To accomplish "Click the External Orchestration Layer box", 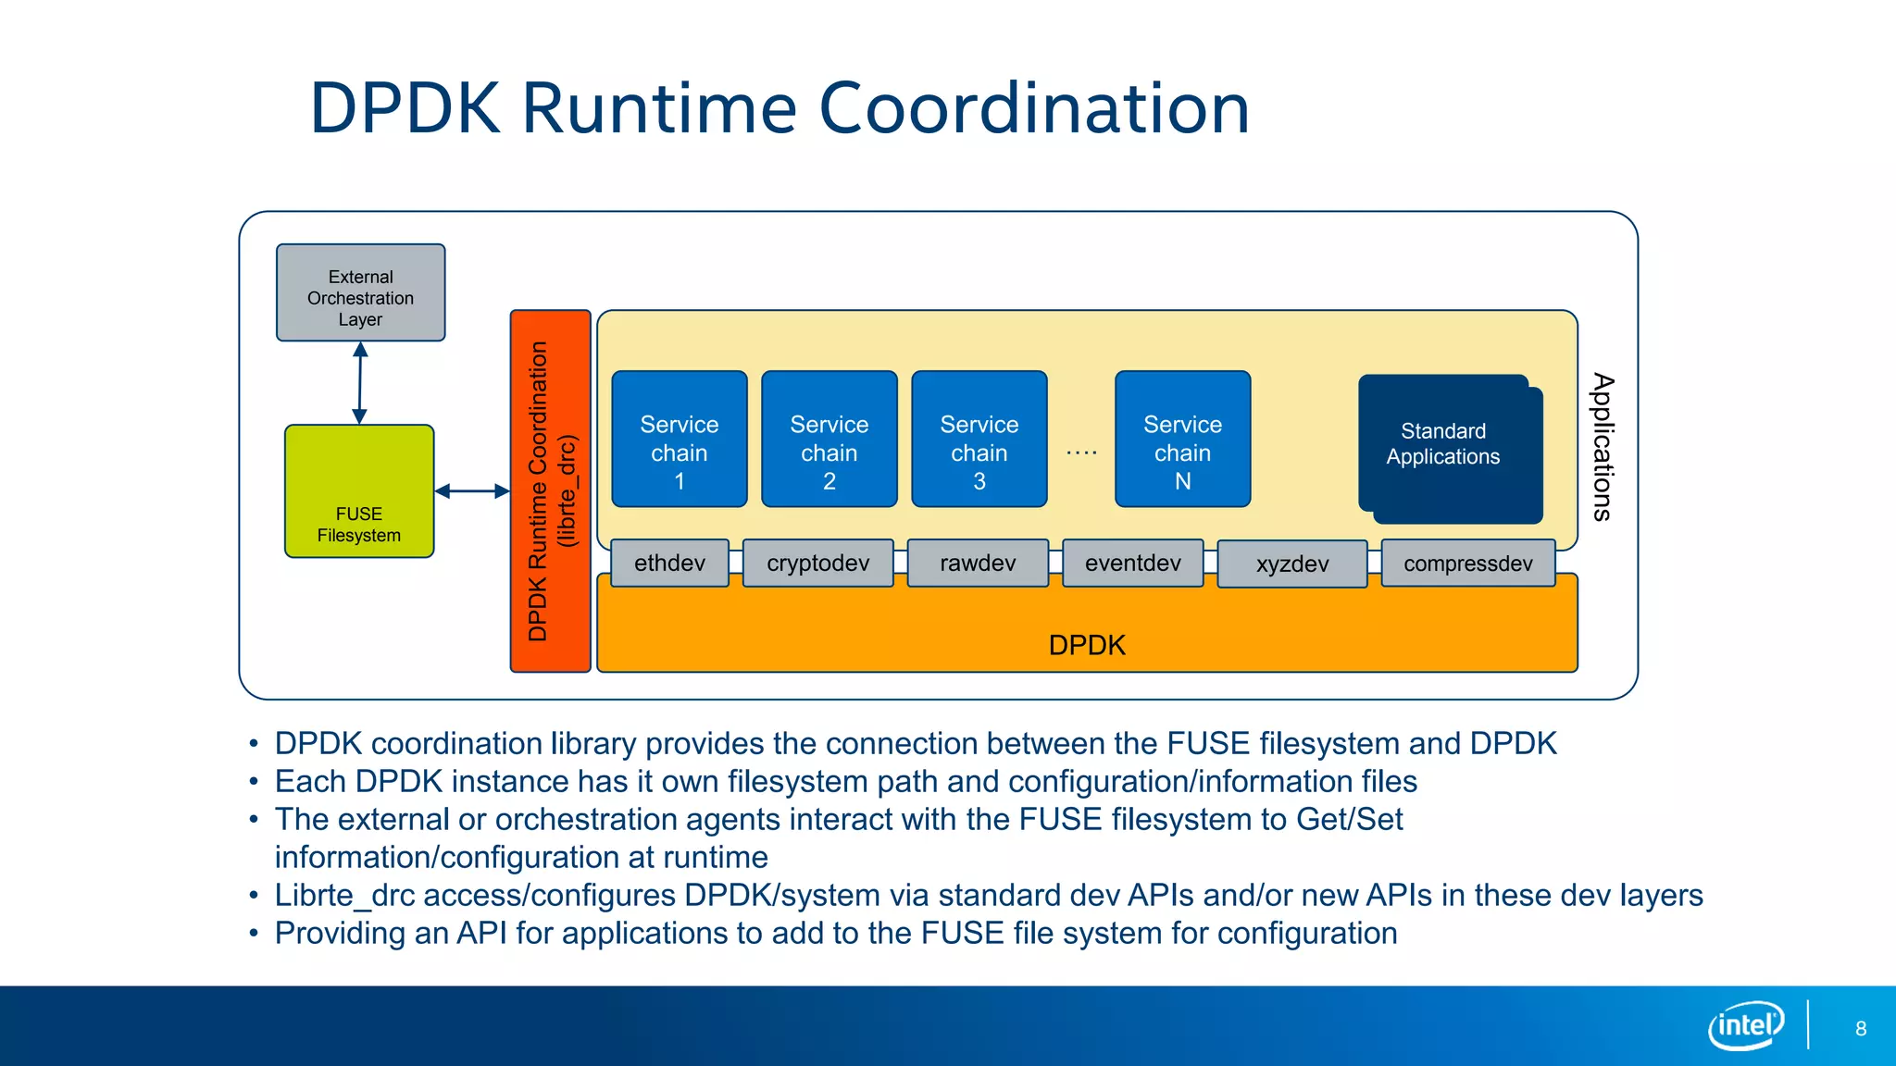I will pyautogui.click(x=360, y=293).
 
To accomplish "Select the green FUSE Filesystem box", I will pyautogui.click(x=359, y=491).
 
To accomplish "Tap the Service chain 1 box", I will pyautogui.click(x=679, y=440).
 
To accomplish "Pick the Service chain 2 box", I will pyautogui.click(x=829, y=440).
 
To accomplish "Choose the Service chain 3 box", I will pyautogui.click(x=979, y=440).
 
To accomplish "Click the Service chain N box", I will pyautogui.click(x=1182, y=440).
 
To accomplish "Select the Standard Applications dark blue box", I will pyautogui.click(x=1444, y=446).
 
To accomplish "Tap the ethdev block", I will pyautogui.click(x=669, y=563).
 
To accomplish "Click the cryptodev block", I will pyautogui.click(x=817, y=563).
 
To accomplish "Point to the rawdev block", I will pyautogui.click(x=978, y=563).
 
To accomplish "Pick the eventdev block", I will pyautogui.click(x=1132, y=563).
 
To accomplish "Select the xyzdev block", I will pyautogui.click(x=1291, y=564).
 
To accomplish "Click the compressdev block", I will pyautogui.click(x=1467, y=564).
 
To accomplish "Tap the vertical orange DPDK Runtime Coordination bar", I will pyautogui.click(x=550, y=491).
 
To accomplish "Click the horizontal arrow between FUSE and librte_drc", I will pyautogui.click(x=472, y=491).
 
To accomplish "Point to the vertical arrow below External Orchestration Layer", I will pyautogui.click(x=360, y=383).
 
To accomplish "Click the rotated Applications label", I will pyautogui.click(x=1603, y=447).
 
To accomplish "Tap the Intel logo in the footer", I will pyautogui.click(x=1745, y=1025).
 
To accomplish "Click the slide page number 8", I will pyautogui.click(x=1861, y=1029).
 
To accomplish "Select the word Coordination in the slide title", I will pyautogui.click(x=1034, y=109).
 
